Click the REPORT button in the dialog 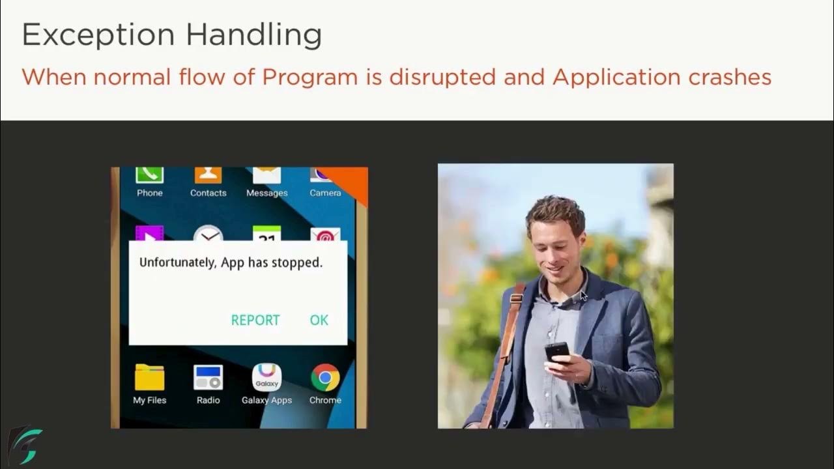pos(255,320)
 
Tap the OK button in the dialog pos(319,320)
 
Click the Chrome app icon pos(325,378)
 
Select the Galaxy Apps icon pos(266,378)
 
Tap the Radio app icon pos(208,378)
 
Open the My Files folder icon pos(149,378)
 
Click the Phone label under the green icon pos(149,193)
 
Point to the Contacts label pos(208,193)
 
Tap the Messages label pos(266,193)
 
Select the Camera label pos(325,193)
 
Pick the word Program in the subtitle pos(309,77)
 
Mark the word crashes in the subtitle pos(730,77)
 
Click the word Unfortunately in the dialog pos(178,263)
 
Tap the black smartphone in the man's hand pos(557,352)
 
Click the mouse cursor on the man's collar pos(583,295)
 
